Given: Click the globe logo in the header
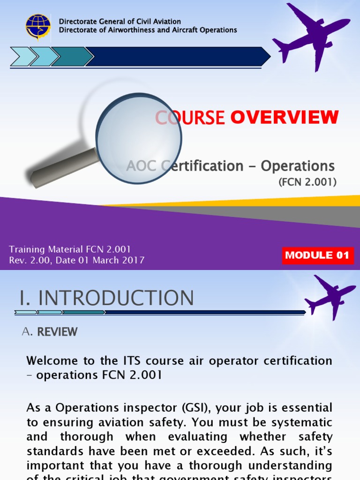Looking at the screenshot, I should pos(38,26).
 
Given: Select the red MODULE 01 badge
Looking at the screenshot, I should pos(317,255).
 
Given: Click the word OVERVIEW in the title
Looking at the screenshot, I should pos(284,117).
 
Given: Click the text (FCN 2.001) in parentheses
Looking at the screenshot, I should pos(307,182).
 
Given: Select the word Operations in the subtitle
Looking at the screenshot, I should pos(298,166).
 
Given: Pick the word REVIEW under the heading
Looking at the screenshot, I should pos(57,332).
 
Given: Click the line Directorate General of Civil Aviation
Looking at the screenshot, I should pos(120,22).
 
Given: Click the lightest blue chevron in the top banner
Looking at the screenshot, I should pos(21,57).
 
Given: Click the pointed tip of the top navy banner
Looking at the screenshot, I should pos(268,57).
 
